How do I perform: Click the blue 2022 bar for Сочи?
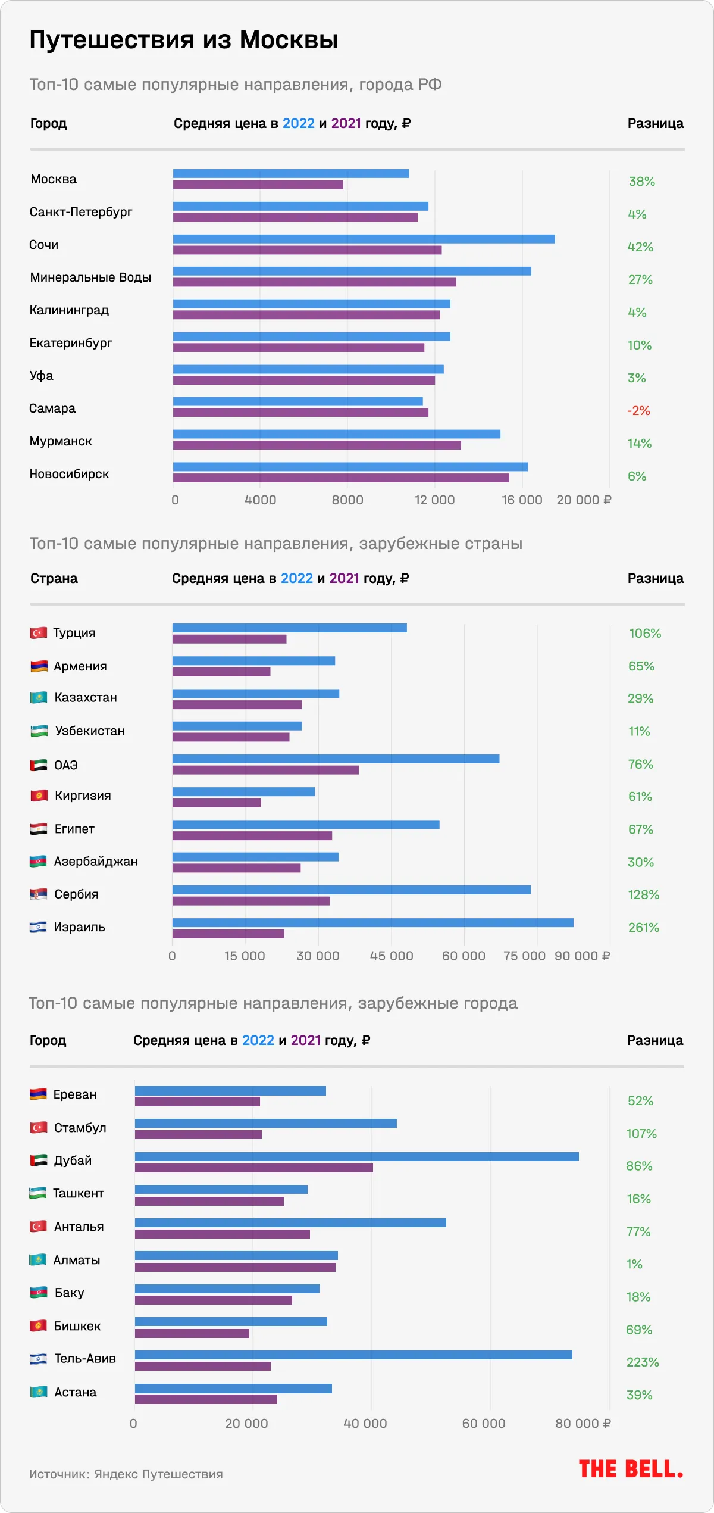pos(364,239)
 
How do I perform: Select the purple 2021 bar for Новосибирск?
pos(341,478)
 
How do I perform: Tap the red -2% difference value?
pos(638,411)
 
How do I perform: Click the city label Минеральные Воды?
pos(90,277)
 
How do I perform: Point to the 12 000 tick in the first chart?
pos(434,500)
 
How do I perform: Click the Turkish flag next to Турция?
pos(39,632)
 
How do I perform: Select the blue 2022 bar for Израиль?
pos(373,922)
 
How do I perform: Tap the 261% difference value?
pos(644,927)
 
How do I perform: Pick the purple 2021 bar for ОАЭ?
pos(265,770)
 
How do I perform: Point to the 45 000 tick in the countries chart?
pos(391,956)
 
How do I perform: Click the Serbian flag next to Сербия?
pos(39,894)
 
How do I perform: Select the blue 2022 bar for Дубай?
pos(357,1156)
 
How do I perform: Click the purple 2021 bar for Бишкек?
pos(192,1333)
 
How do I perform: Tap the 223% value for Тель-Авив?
pos(643,1362)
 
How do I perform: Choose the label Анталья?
pos(79,1227)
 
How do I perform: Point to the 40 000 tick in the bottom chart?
pos(365,1423)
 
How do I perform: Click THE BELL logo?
pos(631,1469)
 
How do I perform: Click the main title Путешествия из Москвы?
pos(184,40)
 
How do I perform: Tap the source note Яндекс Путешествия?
pos(126,1474)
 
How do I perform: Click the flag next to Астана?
pos(39,1392)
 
